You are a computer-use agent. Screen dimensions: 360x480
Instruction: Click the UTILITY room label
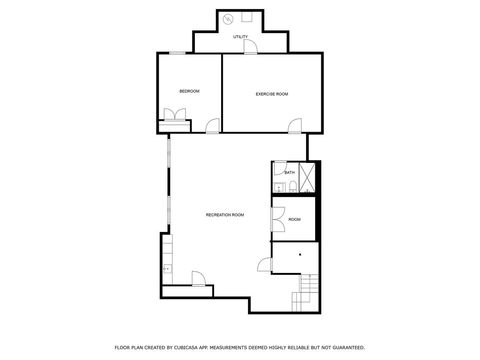click(240, 37)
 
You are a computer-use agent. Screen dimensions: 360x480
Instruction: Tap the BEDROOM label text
click(189, 92)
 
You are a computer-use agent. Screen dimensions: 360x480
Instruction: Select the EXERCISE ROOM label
click(272, 93)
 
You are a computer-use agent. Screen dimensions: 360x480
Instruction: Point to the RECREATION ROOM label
click(224, 215)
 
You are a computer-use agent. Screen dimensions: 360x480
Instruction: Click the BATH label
click(289, 173)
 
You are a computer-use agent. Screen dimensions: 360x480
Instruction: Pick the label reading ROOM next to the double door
click(294, 219)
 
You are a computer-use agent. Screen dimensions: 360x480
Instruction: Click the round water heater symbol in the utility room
click(227, 19)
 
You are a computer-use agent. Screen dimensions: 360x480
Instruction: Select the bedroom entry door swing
click(211, 125)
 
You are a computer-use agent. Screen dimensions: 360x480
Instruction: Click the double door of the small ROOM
click(277, 219)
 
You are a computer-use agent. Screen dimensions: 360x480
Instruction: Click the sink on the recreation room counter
click(166, 268)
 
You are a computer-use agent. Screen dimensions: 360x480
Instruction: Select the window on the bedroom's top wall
click(176, 52)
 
